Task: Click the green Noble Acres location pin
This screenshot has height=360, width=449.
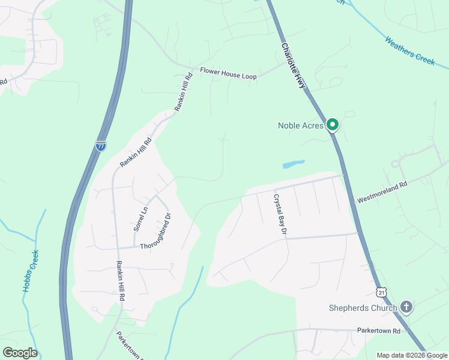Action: click(x=333, y=125)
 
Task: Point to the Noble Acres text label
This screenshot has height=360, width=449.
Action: click(x=300, y=125)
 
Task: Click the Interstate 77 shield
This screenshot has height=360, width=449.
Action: click(x=101, y=146)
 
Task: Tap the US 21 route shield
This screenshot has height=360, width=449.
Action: click(x=382, y=292)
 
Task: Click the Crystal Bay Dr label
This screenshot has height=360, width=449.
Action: click(x=281, y=214)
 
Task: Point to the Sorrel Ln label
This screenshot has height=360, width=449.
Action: click(x=140, y=219)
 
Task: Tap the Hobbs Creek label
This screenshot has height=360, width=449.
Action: click(x=31, y=271)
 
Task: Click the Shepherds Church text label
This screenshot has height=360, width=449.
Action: click(x=363, y=308)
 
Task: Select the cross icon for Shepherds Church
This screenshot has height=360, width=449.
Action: click(x=406, y=308)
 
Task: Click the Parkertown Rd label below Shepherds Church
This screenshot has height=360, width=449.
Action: click(x=382, y=331)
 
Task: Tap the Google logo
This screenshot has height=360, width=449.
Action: click(x=20, y=352)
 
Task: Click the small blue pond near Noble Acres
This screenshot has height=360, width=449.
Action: click(x=293, y=164)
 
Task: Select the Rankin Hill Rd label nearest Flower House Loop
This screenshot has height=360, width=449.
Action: click(x=183, y=91)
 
